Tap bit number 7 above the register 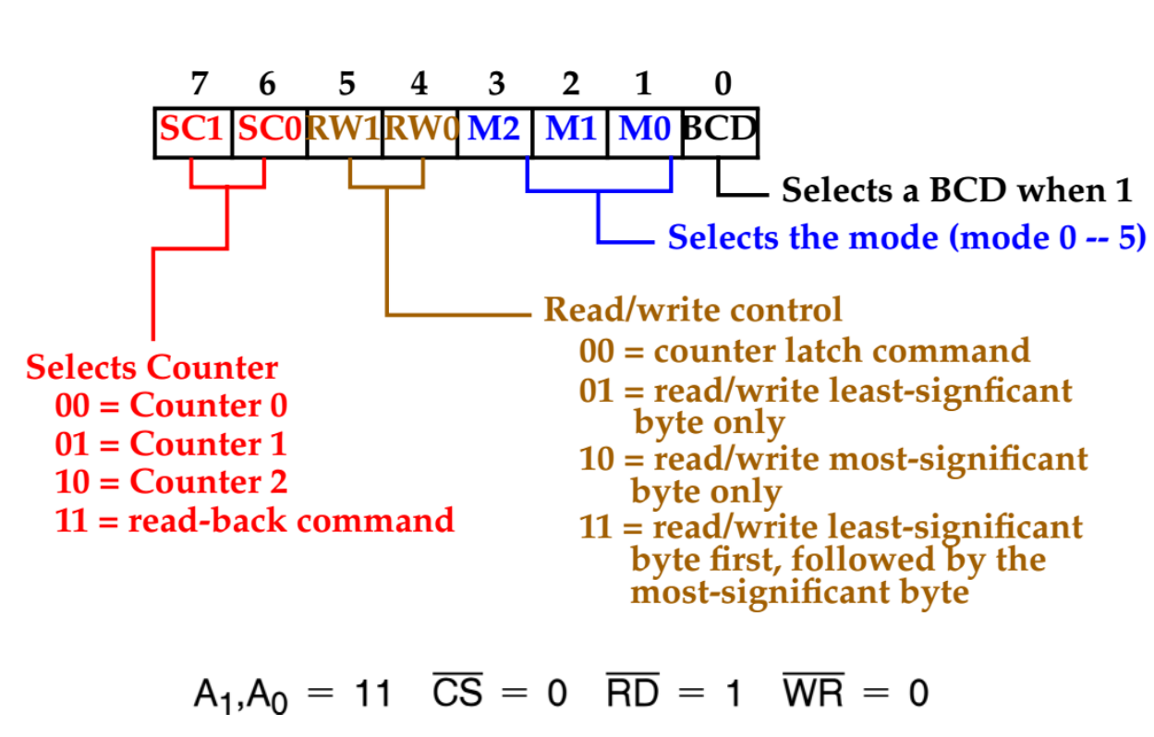coord(199,84)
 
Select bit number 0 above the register coord(723,84)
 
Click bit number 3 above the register coord(496,84)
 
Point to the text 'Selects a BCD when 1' coord(956,191)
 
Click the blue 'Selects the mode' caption coord(906,237)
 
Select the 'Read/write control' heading coord(693,309)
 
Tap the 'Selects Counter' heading coord(152,368)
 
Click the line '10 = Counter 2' coord(171,482)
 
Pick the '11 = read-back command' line coord(254,521)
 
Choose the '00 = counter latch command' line coord(804,351)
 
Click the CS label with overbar coord(457,693)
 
